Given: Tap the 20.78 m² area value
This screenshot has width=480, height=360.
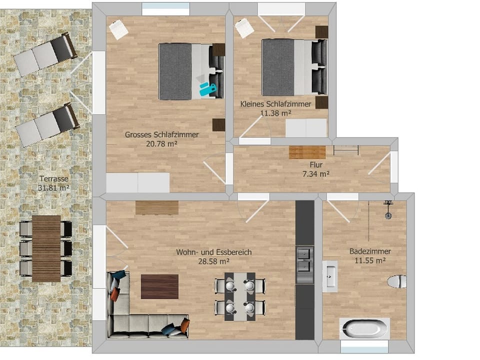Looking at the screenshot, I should coord(161,143).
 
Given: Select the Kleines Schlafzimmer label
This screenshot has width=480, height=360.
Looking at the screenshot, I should coord(275,104).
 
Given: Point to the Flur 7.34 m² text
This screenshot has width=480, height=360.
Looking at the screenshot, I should coord(315,169).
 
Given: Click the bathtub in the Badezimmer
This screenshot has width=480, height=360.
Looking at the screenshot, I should coord(364,329).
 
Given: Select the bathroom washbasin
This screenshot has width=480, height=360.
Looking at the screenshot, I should coord(330,276).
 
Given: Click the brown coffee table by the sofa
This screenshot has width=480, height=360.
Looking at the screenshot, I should coord(159,286).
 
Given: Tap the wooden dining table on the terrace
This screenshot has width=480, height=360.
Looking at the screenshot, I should coord(46,248).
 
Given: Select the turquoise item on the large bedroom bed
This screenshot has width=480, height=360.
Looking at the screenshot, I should coord(207,89).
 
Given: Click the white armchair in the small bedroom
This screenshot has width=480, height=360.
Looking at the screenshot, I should coord(244,28).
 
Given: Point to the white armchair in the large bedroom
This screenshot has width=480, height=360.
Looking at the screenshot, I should coord(118,29).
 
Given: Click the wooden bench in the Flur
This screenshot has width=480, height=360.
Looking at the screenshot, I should coord(307,152).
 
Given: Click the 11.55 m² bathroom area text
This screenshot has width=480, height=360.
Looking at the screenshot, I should coord(370,260).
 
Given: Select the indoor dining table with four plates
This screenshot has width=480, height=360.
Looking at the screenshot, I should coord(239,296).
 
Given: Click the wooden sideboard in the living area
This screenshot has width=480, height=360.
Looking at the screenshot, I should coord(157,207).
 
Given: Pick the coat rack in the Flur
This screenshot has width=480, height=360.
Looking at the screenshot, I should coord(346,148).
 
